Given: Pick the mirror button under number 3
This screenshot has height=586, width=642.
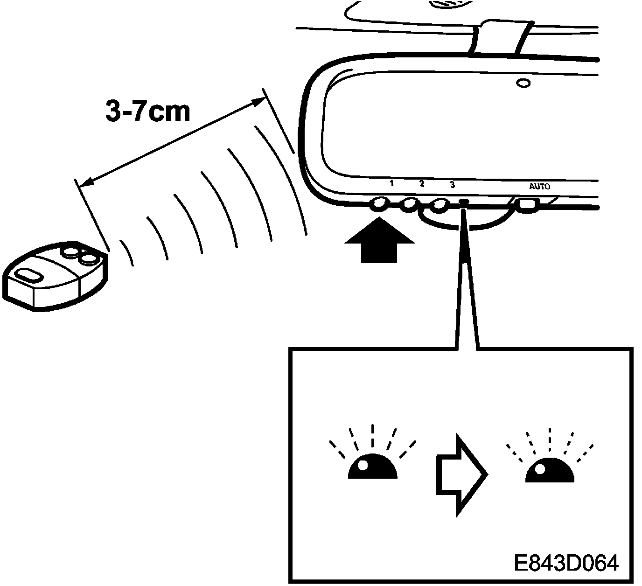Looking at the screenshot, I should click(x=440, y=204).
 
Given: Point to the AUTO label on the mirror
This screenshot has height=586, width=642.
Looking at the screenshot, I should click(x=539, y=187).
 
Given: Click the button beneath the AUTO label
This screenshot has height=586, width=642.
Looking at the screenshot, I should click(x=527, y=204).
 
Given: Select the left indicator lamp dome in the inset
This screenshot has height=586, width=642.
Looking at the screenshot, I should click(x=372, y=467).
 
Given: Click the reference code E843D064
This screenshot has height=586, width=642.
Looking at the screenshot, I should click(x=566, y=563).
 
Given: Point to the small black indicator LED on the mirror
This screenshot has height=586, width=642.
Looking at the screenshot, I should click(x=464, y=202).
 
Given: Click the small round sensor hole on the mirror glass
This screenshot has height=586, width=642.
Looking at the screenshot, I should click(x=523, y=83).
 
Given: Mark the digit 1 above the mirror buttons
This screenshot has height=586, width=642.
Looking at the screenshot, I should click(x=392, y=183).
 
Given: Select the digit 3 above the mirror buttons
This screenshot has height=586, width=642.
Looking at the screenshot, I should click(x=452, y=184).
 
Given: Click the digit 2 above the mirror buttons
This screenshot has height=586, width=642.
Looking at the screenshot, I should click(x=421, y=183).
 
